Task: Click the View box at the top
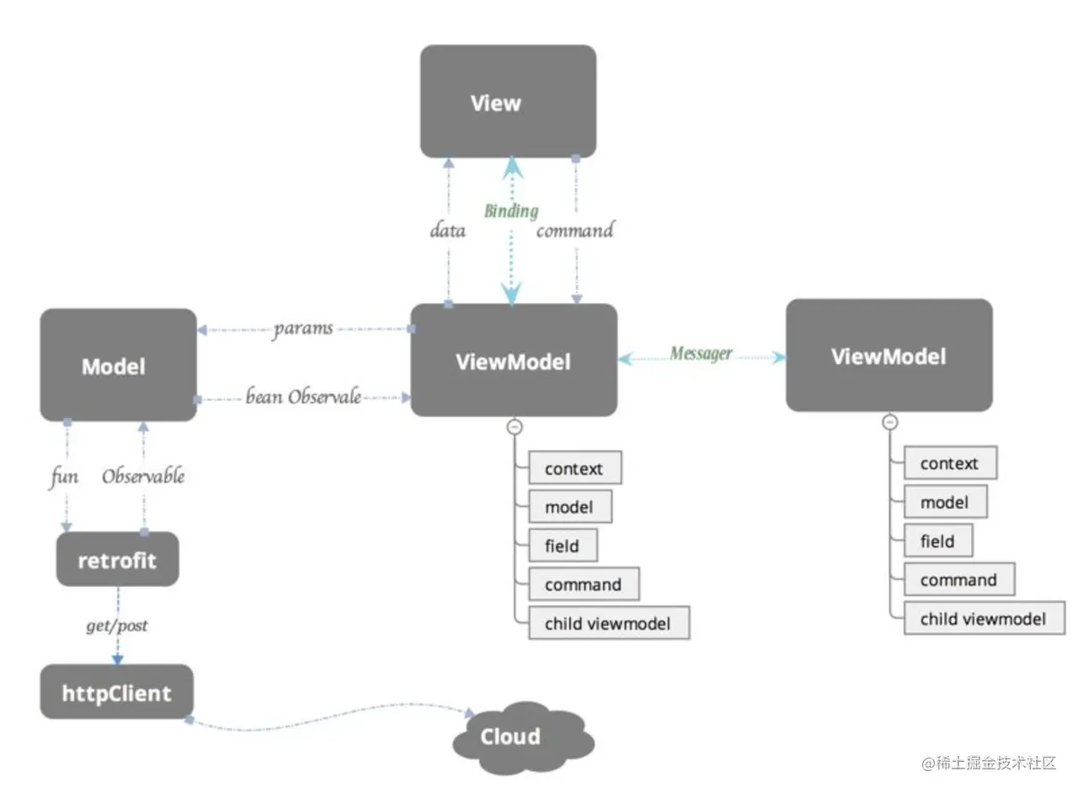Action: point(508,101)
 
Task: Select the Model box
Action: point(119,365)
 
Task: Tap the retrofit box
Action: point(118,559)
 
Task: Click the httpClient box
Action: point(117,692)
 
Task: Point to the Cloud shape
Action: point(524,737)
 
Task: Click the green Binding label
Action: point(511,211)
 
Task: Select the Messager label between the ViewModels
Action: point(702,353)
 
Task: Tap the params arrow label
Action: point(303,330)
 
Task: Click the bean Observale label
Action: point(304,397)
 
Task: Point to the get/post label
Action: point(117,625)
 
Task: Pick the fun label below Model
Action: point(63,477)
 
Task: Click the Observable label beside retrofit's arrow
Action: point(143,475)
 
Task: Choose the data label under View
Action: point(447,230)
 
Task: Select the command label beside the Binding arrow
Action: point(575,230)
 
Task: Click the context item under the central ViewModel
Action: point(575,468)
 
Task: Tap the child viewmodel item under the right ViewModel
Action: point(985,619)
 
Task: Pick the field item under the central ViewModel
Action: point(563,545)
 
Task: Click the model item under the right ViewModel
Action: point(946,501)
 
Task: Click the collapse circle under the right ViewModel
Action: point(890,422)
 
